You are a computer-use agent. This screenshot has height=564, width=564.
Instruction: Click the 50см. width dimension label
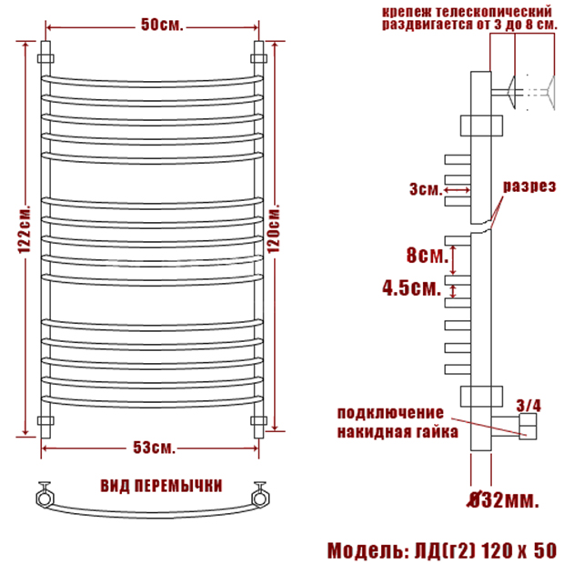162,25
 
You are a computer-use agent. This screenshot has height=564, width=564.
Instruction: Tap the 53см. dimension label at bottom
155,448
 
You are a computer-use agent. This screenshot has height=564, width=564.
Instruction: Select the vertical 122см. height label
25,229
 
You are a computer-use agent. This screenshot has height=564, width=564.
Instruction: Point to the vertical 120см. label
274,228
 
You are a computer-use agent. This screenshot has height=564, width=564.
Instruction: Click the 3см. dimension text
426,189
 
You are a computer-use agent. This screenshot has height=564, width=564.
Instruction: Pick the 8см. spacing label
428,255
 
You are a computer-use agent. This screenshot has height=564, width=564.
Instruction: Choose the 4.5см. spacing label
412,287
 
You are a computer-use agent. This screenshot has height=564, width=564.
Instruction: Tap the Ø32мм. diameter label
503,500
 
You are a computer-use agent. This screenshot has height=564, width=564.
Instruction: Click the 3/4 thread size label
529,406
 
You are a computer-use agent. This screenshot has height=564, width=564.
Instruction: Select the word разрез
529,186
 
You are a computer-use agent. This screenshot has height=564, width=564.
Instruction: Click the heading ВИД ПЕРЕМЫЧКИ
161,486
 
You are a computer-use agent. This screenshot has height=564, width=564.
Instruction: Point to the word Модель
368,550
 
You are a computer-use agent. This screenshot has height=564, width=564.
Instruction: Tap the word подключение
390,413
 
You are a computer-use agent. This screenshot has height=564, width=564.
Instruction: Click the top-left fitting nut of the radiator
45,58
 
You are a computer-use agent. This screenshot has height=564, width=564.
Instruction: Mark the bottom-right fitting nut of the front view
258,420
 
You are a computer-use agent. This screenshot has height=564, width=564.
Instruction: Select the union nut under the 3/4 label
528,427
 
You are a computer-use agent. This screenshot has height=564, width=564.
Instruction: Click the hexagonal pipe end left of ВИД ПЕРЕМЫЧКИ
45,499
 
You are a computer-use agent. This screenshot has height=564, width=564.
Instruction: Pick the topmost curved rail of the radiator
153,82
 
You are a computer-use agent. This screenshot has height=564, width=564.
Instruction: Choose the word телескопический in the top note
493,12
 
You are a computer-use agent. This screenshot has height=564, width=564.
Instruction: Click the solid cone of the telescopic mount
511,92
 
